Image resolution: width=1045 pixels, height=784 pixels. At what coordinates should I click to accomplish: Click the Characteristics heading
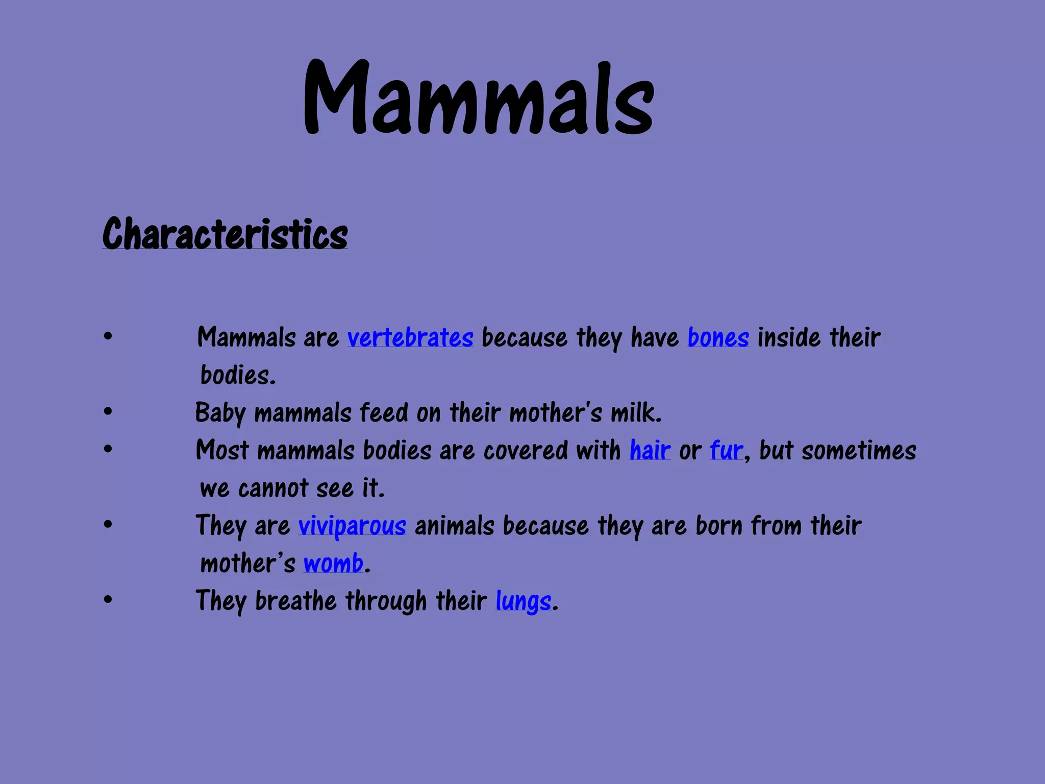click(x=225, y=234)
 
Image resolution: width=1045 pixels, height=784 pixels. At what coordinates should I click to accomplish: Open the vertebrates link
click(x=410, y=338)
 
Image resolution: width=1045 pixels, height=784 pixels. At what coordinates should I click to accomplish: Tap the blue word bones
click(x=718, y=338)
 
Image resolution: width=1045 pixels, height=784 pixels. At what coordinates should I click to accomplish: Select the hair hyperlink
click(x=650, y=451)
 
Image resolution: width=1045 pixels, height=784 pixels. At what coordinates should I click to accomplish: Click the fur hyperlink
click(x=726, y=451)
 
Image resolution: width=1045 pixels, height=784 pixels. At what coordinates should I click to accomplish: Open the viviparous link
click(x=352, y=526)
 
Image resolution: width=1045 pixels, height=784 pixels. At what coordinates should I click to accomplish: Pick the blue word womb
click(x=333, y=563)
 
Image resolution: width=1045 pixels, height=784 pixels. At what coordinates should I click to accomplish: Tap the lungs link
click(x=524, y=601)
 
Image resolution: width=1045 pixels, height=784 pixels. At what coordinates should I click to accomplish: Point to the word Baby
click(x=220, y=413)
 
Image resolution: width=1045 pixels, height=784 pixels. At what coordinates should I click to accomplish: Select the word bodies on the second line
click(x=238, y=376)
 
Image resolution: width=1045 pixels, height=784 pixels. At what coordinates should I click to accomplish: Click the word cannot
click(x=273, y=488)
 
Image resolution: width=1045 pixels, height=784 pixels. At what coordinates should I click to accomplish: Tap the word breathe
click(x=295, y=601)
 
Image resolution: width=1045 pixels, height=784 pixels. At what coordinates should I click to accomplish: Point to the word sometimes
click(x=859, y=451)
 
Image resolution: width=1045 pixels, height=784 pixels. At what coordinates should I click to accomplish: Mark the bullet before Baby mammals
click(x=108, y=411)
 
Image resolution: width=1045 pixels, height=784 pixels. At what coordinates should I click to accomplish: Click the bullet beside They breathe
click(x=108, y=600)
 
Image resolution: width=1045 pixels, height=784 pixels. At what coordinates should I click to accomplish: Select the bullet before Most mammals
click(x=108, y=449)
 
